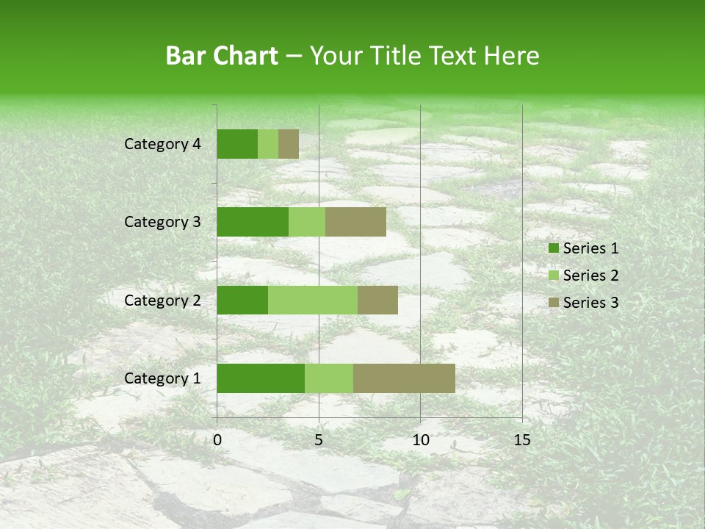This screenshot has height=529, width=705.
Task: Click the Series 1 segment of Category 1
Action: (261, 378)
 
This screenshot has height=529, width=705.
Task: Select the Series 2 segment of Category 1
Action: (329, 378)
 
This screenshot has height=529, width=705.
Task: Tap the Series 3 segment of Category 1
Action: (404, 378)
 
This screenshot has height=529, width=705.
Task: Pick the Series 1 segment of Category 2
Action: (242, 300)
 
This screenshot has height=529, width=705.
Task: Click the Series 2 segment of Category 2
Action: (313, 300)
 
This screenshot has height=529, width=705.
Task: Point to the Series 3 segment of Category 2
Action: (377, 300)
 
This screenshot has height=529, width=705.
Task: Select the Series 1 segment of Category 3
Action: (253, 222)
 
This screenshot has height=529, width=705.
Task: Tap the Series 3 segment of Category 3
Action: (355, 222)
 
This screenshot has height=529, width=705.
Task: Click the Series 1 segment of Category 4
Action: (237, 144)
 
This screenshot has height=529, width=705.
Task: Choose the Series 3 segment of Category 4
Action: (289, 144)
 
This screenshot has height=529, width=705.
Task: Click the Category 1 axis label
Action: (162, 378)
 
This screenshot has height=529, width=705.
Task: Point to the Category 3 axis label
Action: (162, 222)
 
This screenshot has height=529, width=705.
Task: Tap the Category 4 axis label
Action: (162, 144)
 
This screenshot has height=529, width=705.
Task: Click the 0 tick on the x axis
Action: (217, 440)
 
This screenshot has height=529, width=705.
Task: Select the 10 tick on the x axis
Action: (420, 440)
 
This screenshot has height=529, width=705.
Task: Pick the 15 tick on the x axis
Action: (521, 440)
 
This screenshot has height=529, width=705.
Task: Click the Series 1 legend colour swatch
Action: (554, 248)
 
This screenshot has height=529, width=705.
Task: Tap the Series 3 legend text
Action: (590, 303)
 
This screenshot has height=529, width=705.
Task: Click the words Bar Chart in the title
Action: (222, 56)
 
